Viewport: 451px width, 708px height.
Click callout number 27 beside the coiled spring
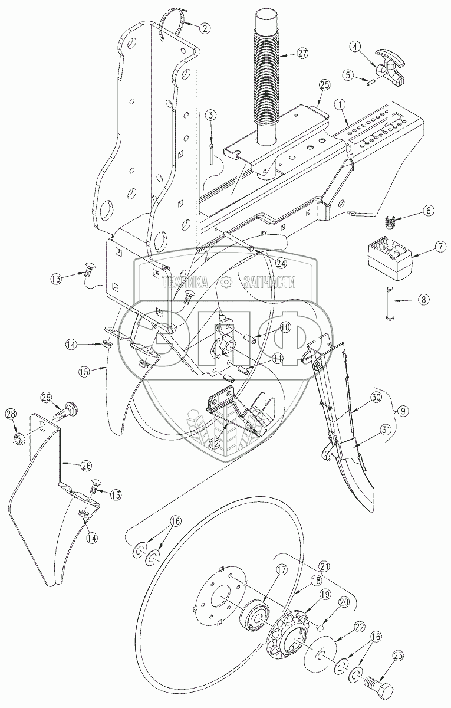coord(303,53)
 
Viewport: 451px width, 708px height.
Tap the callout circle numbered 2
coord(205,27)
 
